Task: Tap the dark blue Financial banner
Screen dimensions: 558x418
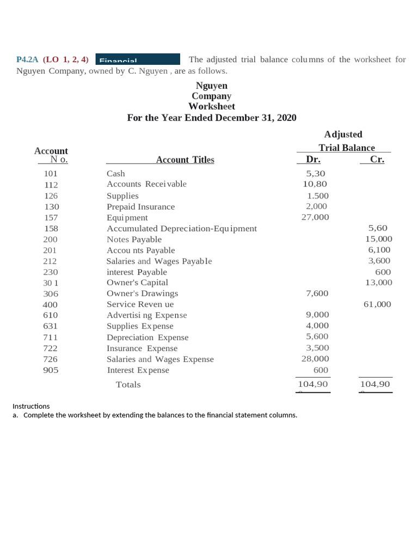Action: [138, 59]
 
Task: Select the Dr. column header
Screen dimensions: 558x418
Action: [313, 160]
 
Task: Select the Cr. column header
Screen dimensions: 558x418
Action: [377, 160]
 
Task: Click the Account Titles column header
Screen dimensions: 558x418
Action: [185, 160]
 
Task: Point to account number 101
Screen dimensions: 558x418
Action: [51, 174]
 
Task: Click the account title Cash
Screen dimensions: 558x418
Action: [115, 174]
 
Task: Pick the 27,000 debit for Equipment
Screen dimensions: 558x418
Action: [315, 217]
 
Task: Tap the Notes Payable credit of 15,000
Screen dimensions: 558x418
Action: [378, 239]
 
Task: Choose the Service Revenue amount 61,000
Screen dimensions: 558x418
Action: [377, 305]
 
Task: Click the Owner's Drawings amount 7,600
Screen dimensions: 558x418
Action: [317, 293]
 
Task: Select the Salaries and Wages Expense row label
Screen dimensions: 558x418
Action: [160, 359]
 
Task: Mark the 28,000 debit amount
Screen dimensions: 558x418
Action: [315, 359]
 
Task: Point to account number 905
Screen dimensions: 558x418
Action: [51, 370]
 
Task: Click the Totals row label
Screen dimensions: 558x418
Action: [128, 385]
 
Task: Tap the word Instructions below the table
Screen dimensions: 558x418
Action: [31, 406]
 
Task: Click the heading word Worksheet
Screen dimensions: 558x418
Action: [212, 106]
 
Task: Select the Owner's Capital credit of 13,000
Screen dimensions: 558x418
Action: [378, 282]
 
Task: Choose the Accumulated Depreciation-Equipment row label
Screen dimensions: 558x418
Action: [181, 228]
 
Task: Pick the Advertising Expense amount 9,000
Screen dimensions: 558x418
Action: [317, 315]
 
